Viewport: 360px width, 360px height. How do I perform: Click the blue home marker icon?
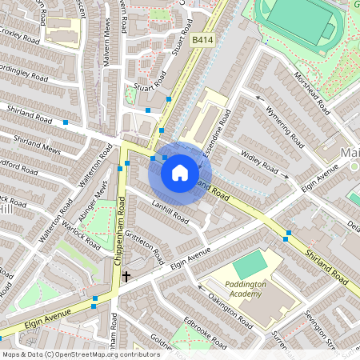pos(180,172)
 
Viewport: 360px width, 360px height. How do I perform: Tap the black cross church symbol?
pos(126,276)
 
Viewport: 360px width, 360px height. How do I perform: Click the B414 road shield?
pos(202,38)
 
